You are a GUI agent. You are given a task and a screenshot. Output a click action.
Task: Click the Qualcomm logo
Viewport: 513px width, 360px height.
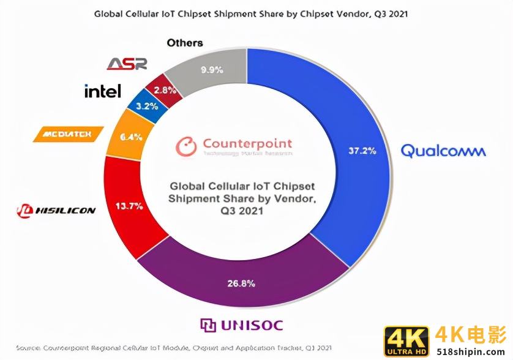click(443, 151)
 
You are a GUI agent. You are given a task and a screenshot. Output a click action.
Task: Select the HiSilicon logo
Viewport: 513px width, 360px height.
click(56, 211)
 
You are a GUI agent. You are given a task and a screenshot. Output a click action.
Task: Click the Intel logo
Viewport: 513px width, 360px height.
click(102, 92)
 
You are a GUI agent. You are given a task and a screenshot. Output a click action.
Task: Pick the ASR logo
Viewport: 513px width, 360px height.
click(127, 64)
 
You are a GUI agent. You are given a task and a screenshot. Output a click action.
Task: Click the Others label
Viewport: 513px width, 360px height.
click(184, 43)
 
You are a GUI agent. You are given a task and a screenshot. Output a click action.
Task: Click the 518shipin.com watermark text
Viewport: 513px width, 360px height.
click(472, 350)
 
